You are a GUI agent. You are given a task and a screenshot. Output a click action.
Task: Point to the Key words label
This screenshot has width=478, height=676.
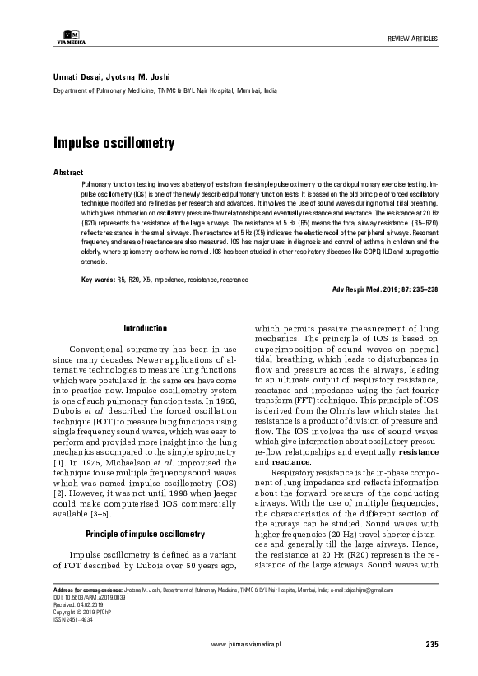97,280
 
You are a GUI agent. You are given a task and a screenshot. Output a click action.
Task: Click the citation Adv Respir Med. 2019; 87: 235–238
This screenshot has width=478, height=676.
385,291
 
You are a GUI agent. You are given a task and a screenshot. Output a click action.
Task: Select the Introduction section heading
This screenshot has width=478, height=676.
146,328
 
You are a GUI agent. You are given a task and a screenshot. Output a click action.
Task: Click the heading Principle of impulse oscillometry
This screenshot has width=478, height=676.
146,512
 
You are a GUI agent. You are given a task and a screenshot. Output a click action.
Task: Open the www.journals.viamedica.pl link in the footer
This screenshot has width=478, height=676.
258,646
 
